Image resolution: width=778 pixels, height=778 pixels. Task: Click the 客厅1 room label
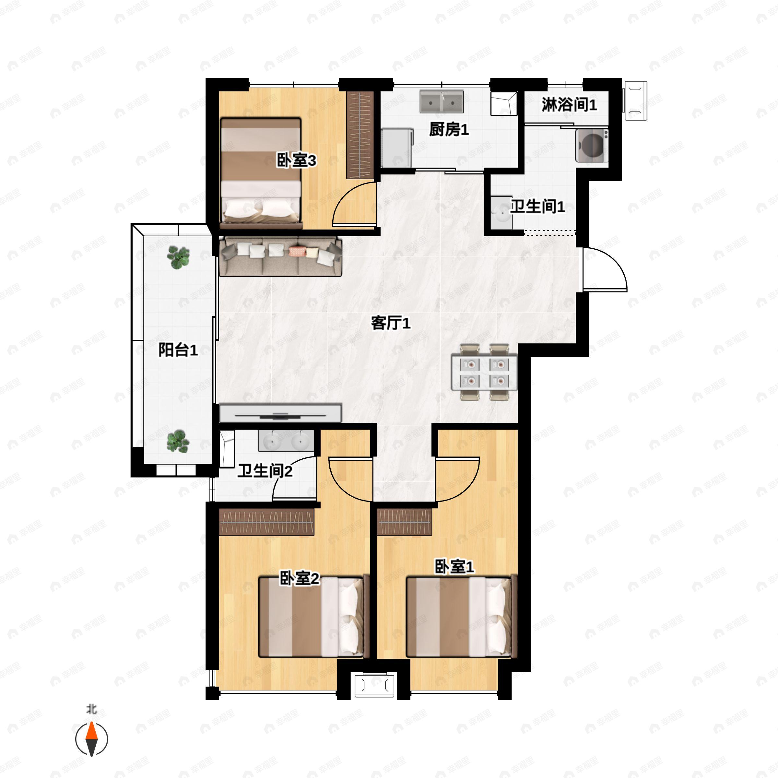(390, 323)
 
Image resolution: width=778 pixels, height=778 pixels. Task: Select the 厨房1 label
(449, 130)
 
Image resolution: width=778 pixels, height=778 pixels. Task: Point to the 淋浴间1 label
(569, 105)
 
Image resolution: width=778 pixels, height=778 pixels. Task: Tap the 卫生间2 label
(265, 471)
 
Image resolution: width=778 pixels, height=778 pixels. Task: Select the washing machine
(592, 145)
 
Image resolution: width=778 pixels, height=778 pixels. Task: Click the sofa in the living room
(281, 256)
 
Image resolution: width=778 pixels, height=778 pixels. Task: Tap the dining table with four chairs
(484, 372)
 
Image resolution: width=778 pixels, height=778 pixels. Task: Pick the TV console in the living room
(280, 414)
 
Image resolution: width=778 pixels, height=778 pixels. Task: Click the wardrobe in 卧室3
(360, 135)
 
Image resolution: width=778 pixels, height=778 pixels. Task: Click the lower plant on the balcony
(178, 441)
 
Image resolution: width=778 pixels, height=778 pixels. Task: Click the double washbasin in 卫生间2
(286, 441)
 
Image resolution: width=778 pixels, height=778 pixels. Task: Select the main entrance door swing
(604, 269)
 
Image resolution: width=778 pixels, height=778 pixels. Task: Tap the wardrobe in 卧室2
(266, 522)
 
